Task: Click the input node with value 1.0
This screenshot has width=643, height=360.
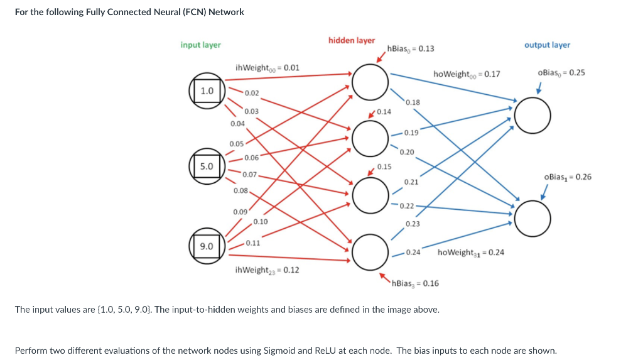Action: coord(207,90)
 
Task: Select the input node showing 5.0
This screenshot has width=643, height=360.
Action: coord(207,166)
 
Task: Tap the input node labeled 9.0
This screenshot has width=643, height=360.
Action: coord(207,246)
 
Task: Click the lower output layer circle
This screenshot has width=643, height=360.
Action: coord(532,217)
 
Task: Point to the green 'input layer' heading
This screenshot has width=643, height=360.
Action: coord(200,45)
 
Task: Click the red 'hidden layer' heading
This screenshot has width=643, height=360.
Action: coord(351,40)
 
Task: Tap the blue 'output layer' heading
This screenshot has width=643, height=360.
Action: coord(547,45)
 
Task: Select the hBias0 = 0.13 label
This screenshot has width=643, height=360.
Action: coord(411,48)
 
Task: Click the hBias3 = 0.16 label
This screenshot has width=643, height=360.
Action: coord(414,283)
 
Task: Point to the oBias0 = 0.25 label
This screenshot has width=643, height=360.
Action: coord(561,72)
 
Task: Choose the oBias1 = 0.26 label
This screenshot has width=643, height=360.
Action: coord(568,177)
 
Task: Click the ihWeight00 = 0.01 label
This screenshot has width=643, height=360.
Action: coord(267,67)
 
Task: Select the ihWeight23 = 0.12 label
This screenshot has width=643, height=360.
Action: coord(266,270)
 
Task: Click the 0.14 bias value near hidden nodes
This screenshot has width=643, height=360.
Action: coord(384,112)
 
